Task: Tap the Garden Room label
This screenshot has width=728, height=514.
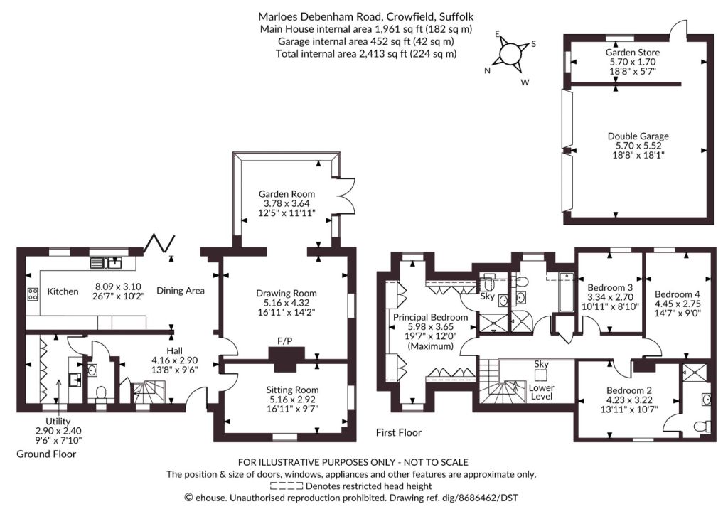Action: [287, 194]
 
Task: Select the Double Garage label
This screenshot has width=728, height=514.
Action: [638, 136]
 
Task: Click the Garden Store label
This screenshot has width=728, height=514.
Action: [632, 53]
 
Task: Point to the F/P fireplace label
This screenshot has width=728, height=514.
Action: [284, 341]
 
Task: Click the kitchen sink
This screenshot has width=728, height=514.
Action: [106, 263]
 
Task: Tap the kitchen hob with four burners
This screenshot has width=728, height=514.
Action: [33, 294]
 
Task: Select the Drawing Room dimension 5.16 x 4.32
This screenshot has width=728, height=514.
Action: [287, 303]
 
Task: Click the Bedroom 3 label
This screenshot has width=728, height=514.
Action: [610, 287]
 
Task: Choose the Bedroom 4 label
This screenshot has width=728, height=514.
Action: [678, 294]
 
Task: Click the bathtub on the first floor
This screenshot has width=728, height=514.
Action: [567, 292]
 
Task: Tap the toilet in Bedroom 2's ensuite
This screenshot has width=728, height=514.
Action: [700, 426]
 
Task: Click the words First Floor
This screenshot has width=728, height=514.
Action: [398, 433]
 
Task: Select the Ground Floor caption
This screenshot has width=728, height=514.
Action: [46, 454]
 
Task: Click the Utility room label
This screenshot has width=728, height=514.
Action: [58, 421]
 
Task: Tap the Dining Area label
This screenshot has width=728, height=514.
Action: [180, 291]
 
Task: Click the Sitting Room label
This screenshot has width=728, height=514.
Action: [292, 390]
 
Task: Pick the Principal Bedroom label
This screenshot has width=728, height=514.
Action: [430, 318]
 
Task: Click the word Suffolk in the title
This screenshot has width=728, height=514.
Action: [457, 17]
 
